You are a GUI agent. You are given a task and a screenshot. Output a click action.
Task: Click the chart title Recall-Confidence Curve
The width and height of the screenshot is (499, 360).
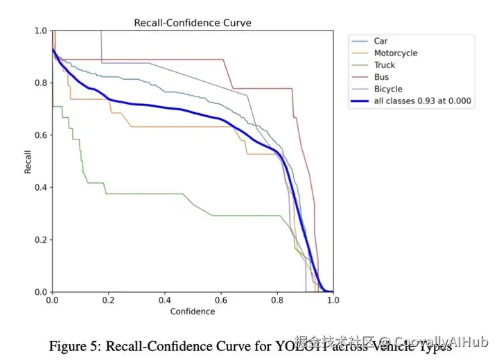coord(192,23)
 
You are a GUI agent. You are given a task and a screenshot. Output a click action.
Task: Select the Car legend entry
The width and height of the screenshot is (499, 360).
coord(380,41)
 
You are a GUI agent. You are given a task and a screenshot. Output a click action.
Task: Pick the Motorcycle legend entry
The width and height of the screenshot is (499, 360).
coord(395,53)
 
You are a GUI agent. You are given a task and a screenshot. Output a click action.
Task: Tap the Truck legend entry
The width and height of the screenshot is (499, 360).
coord(384,65)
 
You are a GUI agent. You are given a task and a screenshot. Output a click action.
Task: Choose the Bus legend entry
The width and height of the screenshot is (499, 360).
coord(381,77)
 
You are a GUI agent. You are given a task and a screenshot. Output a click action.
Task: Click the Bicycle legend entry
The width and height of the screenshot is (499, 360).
coord(387,89)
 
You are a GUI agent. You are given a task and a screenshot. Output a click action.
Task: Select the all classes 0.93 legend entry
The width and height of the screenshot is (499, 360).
coord(422,101)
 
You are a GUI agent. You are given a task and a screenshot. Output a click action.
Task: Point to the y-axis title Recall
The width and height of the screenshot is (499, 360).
coord(28,161)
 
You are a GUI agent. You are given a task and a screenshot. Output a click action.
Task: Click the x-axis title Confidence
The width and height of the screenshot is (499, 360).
coord(193,311)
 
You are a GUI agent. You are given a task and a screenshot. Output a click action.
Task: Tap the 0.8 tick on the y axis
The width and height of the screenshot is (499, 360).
coord(41,83)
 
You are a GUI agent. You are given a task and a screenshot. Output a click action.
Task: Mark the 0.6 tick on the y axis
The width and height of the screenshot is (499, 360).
coord(41,135)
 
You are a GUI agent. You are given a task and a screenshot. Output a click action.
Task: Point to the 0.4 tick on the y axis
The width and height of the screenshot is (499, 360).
coord(41,187)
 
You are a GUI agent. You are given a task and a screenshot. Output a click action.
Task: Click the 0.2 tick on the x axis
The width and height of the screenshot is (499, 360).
coord(108,300)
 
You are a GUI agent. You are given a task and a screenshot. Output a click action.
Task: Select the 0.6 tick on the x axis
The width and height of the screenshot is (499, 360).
coord(221,300)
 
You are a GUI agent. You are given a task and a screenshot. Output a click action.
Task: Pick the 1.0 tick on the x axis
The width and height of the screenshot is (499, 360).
coord(333,300)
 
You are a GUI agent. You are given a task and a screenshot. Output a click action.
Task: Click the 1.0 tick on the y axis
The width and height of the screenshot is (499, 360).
coord(41,31)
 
